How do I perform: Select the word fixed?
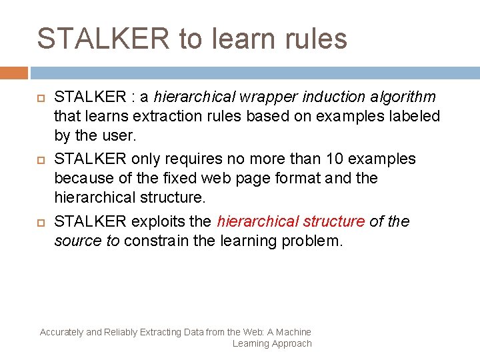tap(179, 179)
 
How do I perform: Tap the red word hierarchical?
tap(258, 221)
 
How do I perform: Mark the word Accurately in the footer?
tap(61, 332)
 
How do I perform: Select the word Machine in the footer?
tap(293, 332)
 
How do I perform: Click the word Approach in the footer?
tap(291, 343)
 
